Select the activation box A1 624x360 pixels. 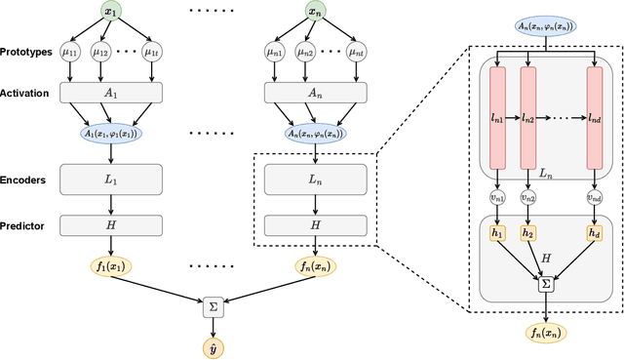pyautogui.click(x=109, y=93)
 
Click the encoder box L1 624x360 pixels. pyautogui.click(x=109, y=179)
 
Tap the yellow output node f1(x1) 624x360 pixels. pyautogui.click(x=109, y=265)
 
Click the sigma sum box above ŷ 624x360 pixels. pyautogui.click(x=213, y=307)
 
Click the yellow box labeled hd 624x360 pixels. pyautogui.click(x=593, y=233)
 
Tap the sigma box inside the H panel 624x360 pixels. pyautogui.click(x=545, y=285)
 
